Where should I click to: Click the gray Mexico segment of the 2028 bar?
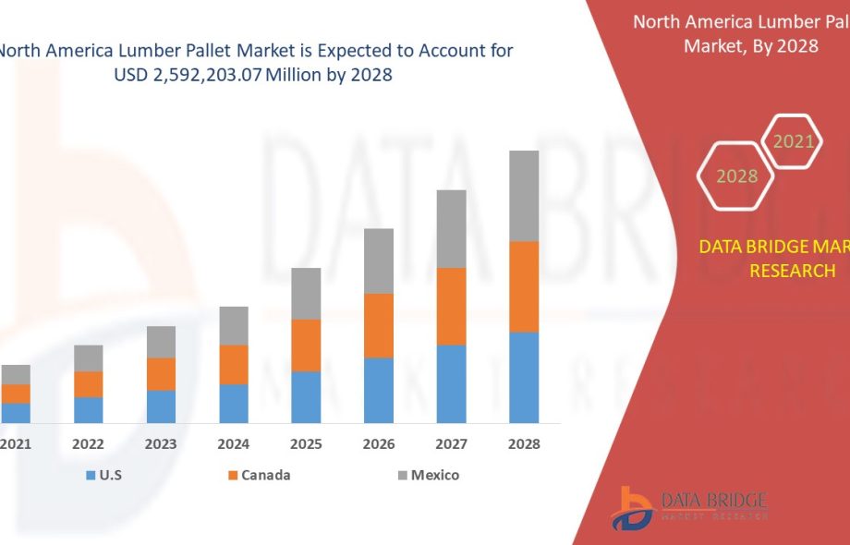pos(524,196)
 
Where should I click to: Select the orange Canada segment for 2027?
pos(451,306)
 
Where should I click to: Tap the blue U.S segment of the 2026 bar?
pos(379,390)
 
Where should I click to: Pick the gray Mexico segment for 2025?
pos(306,293)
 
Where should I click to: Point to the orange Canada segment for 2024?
pos(234,364)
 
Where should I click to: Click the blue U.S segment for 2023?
pos(161,406)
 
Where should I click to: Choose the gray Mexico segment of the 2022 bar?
pos(89,357)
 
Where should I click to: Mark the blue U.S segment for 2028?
pos(524,377)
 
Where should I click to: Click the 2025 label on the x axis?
pos(306,444)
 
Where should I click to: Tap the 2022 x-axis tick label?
pos(89,444)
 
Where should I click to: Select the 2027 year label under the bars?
pos(451,444)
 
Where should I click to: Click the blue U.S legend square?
pos(91,476)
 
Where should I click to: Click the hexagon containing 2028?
pos(736,176)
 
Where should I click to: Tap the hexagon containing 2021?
pos(793,141)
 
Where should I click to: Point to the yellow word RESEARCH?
pos(792,271)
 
